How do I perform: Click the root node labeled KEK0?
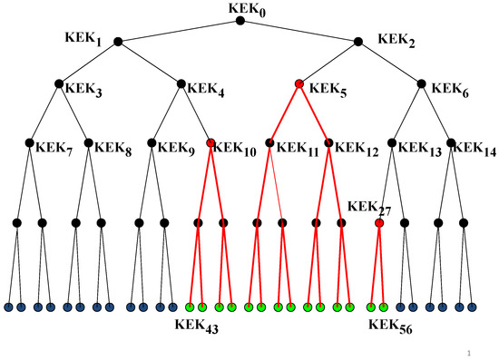(240, 21)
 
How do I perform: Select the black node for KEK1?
(122, 40)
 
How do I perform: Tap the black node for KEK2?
(360, 40)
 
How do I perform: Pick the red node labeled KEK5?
(299, 85)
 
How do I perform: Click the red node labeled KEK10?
(210, 143)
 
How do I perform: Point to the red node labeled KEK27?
(379, 222)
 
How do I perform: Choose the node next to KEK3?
(59, 85)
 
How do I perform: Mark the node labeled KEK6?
(422, 85)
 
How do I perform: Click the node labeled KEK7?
(29, 143)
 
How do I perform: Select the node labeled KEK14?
(452, 143)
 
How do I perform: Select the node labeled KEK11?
(270, 143)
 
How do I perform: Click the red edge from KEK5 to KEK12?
(314, 114)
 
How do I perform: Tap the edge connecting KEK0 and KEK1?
(181, 30)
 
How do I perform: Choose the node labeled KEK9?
(152, 143)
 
